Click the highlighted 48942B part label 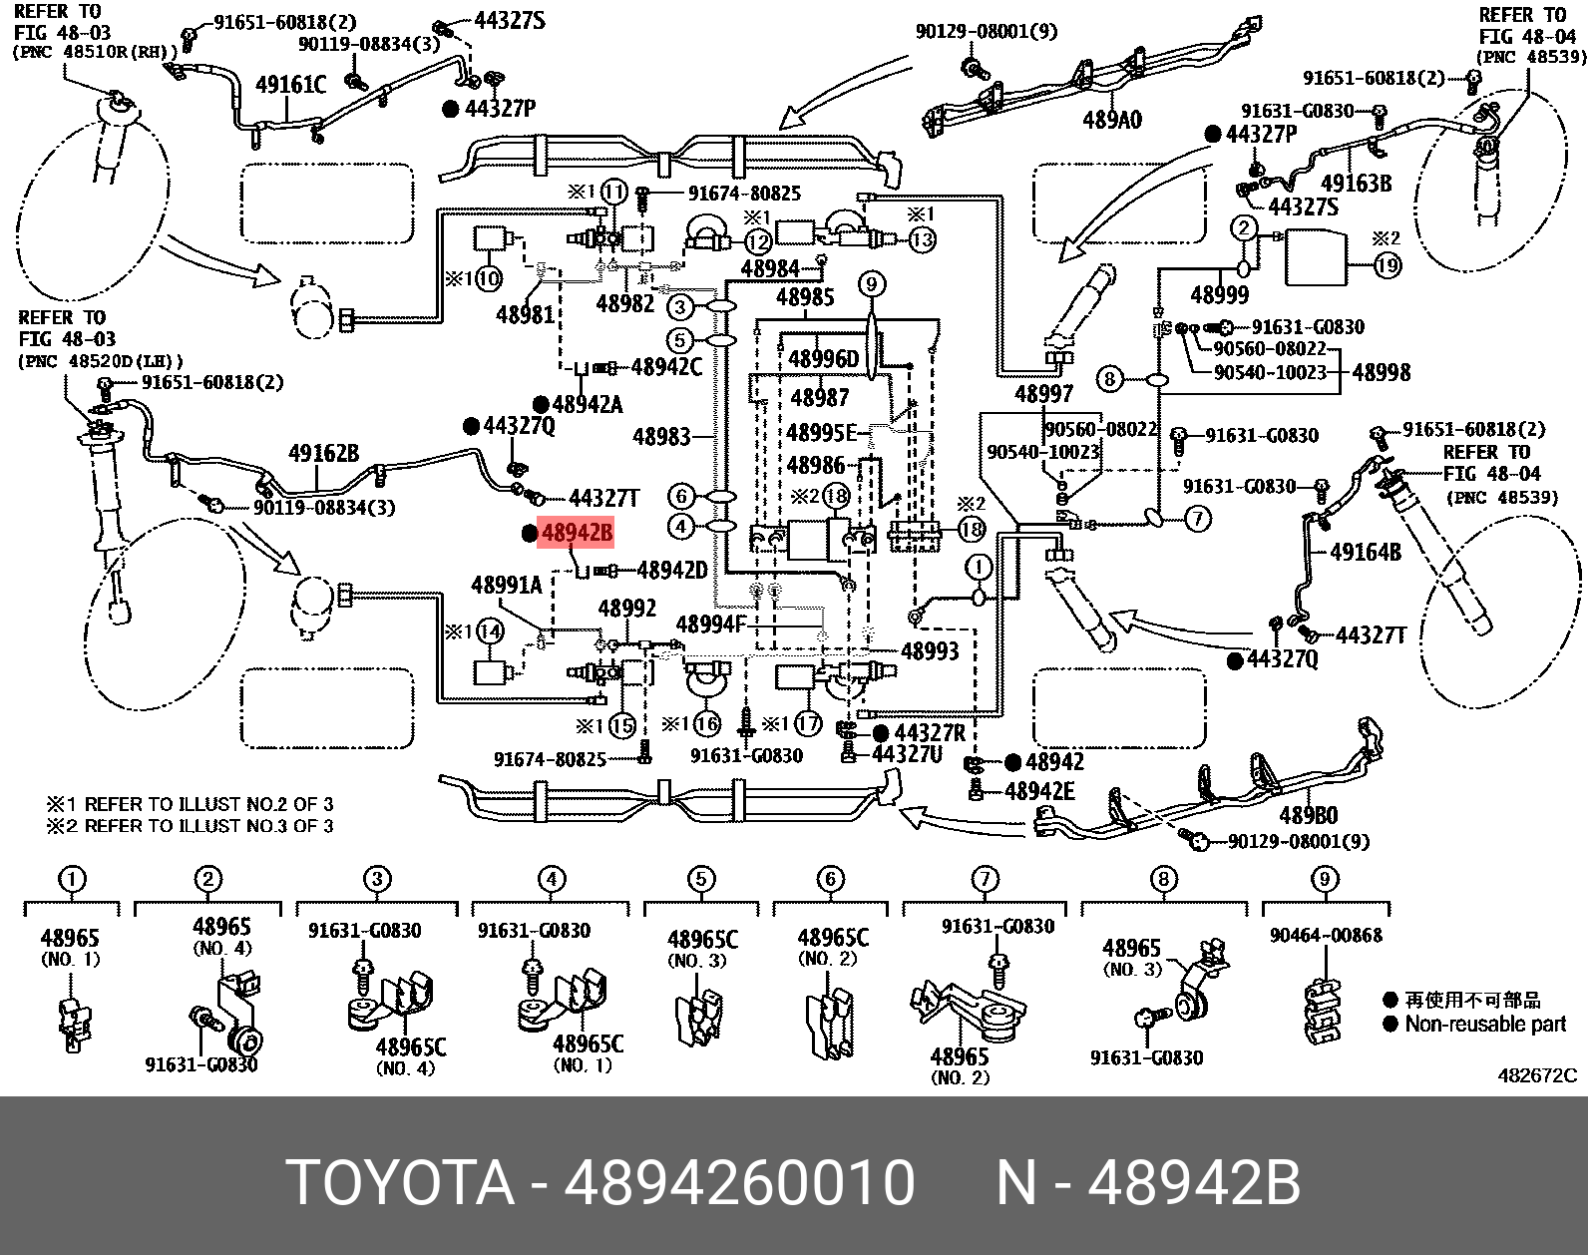(575, 535)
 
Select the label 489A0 (1112, 121)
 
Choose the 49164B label (1366, 553)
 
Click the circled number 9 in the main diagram (871, 285)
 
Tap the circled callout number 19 (1388, 265)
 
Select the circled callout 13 (923, 239)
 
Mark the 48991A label (506, 586)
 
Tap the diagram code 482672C (1537, 1075)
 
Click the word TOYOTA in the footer (400, 1184)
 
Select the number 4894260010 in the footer (739, 1184)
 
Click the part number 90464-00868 (1326, 935)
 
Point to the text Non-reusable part (1485, 1024)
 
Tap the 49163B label (1356, 184)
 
